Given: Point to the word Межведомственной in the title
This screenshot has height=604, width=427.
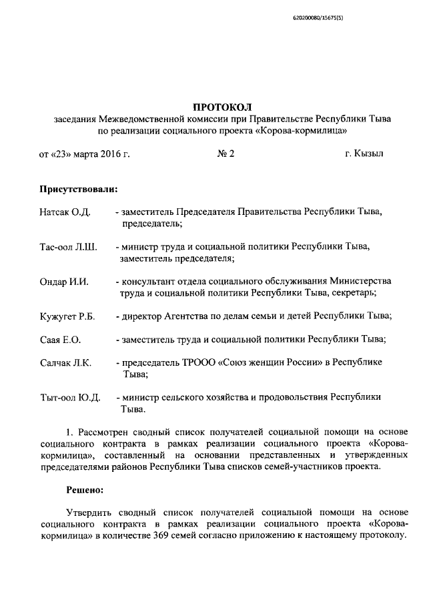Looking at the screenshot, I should [x=141, y=119].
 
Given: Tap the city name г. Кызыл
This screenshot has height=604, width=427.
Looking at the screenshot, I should [x=364, y=155].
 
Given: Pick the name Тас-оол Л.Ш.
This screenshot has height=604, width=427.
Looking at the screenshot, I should [x=68, y=247].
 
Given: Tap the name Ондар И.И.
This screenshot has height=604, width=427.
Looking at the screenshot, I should [x=64, y=282].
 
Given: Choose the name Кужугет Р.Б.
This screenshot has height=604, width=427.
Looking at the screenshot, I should [x=67, y=316].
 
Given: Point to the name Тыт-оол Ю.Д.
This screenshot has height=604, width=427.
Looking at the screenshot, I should [x=69, y=398].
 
